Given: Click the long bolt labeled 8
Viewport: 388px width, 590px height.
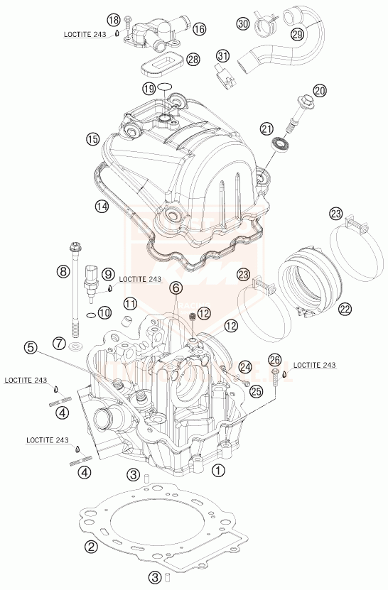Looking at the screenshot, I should point(74,284).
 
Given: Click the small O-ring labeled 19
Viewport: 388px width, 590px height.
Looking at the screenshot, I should point(166,88).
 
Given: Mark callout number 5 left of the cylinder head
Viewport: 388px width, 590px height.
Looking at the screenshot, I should point(29,347).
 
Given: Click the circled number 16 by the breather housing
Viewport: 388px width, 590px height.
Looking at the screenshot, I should point(198,28).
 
